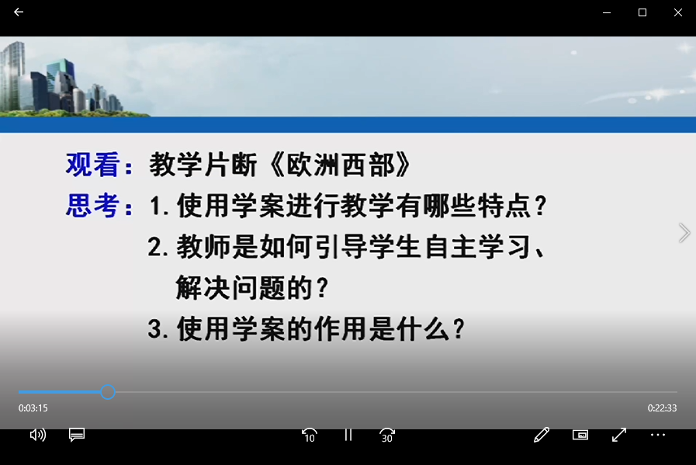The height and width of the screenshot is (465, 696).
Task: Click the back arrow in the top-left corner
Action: click(x=18, y=12)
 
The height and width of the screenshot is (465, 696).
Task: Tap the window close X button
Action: click(x=678, y=12)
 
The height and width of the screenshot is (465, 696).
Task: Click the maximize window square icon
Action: click(x=642, y=12)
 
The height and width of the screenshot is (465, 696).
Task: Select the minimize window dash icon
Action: click(x=607, y=13)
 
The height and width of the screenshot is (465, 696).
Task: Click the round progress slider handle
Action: click(x=107, y=392)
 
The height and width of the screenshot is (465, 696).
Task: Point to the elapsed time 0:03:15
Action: click(x=33, y=408)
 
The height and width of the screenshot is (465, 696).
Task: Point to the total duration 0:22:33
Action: click(x=662, y=408)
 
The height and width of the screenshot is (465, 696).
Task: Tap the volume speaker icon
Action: click(x=38, y=435)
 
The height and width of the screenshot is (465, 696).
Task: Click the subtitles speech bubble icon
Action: click(x=77, y=435)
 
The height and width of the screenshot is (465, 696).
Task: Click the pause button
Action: click(x=348, y=435)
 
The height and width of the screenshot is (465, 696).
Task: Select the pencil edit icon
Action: click(x=542, y=435)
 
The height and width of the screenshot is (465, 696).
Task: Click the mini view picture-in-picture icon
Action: click(x=580, y=435)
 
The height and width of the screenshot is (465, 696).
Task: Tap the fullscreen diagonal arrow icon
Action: click(x=618, y=435)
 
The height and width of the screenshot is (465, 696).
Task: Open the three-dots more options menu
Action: click(x=658, y=435)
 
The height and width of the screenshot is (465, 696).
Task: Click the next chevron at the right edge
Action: click(x=684, y=233)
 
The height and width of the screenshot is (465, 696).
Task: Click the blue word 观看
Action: click(x=93, y=165)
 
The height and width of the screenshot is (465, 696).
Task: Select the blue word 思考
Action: click(x=93, y=206)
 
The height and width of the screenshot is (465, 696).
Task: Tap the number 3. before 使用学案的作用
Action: click(x=158, y=329)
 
